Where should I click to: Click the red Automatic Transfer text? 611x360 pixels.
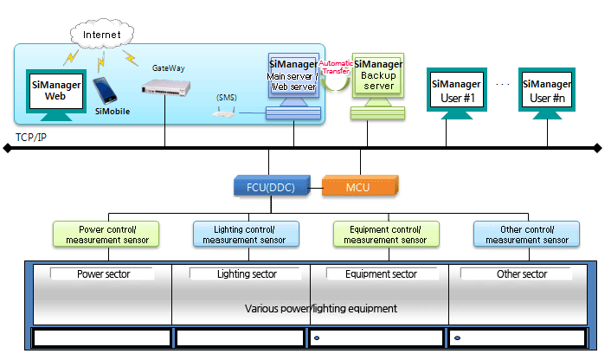coord(336,68)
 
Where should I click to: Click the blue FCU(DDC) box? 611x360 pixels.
coord(268,185)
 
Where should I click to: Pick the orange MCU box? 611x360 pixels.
coord(357,185)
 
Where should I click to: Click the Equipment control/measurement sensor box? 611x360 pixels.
coord(386,234)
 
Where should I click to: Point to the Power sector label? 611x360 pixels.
coord(103,274)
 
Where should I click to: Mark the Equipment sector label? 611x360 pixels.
coord(382,274)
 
